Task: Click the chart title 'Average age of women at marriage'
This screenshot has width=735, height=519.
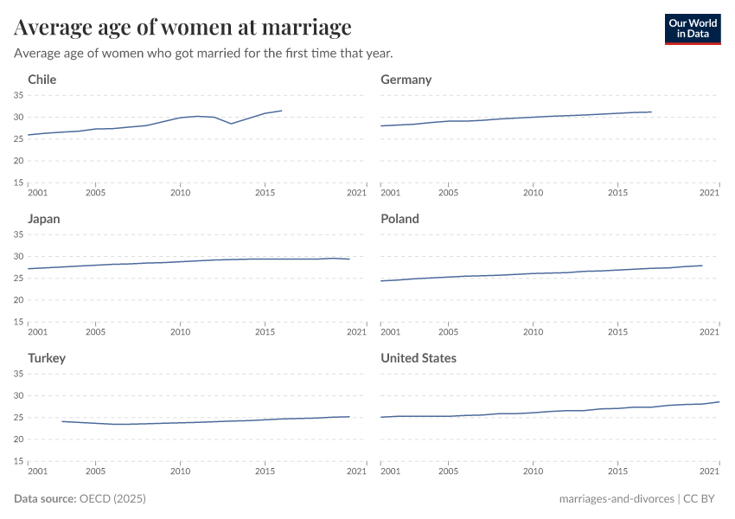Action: [x=182, y=28]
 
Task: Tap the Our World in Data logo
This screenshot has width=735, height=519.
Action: [x=692, y=29]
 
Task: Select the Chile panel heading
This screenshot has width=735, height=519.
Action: [x=42, y=80]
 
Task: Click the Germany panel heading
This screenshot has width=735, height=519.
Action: [x=406, y=80]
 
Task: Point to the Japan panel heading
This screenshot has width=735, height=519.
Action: [x=44, y=219]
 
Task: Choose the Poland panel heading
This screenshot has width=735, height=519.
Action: [x=399, y=219]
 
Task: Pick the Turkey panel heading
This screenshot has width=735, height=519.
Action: [x=47, y=358]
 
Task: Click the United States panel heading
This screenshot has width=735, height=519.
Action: [x=419, y=358]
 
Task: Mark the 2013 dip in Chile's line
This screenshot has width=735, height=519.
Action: [x=231, y=124]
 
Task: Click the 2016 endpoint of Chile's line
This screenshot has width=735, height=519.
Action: [x=282, y=110]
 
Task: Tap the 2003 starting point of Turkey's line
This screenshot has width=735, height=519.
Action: [x=61, y=421]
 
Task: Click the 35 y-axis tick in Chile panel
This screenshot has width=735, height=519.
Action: [x=17, y=95]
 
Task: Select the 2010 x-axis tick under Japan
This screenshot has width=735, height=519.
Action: [x=180, y=331]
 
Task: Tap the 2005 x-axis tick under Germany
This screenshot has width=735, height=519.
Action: [x=448, y=192]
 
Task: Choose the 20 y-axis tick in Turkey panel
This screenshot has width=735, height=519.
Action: [x=17, y=439]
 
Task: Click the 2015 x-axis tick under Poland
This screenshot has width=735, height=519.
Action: [x=618, y=331]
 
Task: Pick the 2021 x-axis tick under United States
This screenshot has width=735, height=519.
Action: [x=709, y=471]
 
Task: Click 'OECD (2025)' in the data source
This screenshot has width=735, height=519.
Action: [x=112, y=499]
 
